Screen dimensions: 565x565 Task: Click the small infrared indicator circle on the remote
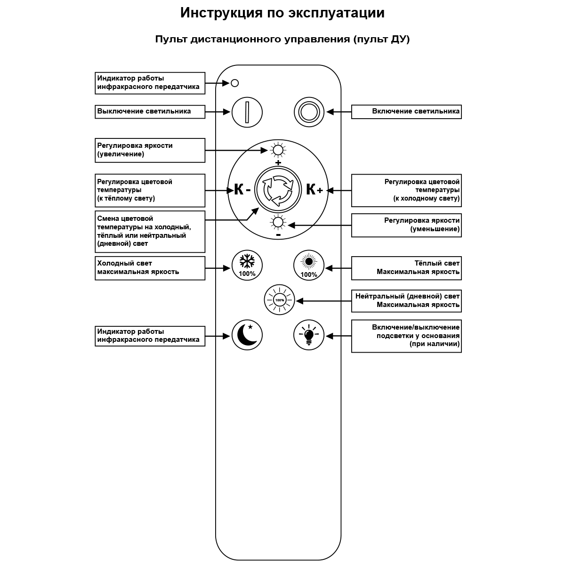[235, 83]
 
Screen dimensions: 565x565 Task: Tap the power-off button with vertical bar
[247, 112]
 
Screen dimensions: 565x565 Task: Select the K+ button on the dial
[314, 190]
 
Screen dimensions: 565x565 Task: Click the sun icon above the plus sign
[278, 150]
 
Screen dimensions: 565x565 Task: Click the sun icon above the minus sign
[278, 223]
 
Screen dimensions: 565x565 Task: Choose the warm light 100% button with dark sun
[309, 266]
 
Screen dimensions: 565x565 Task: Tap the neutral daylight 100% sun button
[279, 300]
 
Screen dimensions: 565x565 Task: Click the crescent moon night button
[247, 335]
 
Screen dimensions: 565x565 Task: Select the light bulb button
[309, 335]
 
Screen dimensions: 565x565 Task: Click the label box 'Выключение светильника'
[150, 112]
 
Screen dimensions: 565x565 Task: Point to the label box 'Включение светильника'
[406, 112]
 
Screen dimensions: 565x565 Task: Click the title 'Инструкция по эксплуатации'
[282, 13]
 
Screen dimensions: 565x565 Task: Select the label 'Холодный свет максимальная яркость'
[150, 268]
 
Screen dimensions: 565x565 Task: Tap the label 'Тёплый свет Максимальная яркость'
[406, 268]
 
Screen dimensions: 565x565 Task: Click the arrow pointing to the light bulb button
[339, 336]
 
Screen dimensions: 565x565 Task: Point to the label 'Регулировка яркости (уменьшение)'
[406, 225]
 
